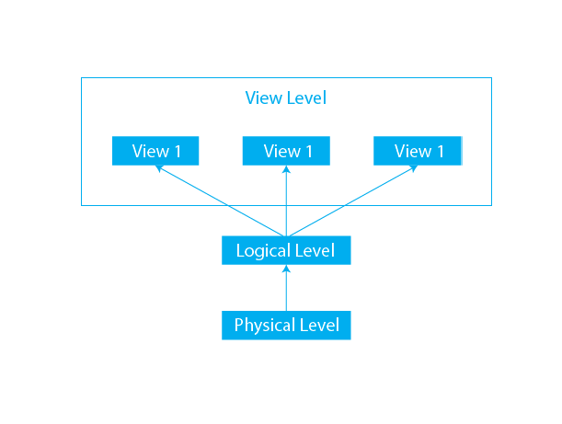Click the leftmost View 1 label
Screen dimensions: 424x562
(156, 152)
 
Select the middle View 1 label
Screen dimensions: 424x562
(288, 152)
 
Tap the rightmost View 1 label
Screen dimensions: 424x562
(419, 152)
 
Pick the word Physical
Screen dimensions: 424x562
(263, 326)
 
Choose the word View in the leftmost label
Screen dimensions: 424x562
(149, 152)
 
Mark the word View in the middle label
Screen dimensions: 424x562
(281, 152)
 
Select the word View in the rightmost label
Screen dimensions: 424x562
(412, 152)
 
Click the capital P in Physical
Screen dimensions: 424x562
(239, 325)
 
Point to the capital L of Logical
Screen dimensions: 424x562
(240, 250)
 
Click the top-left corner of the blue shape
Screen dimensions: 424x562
(82, 78)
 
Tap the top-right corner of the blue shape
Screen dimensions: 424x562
(490, 78)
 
